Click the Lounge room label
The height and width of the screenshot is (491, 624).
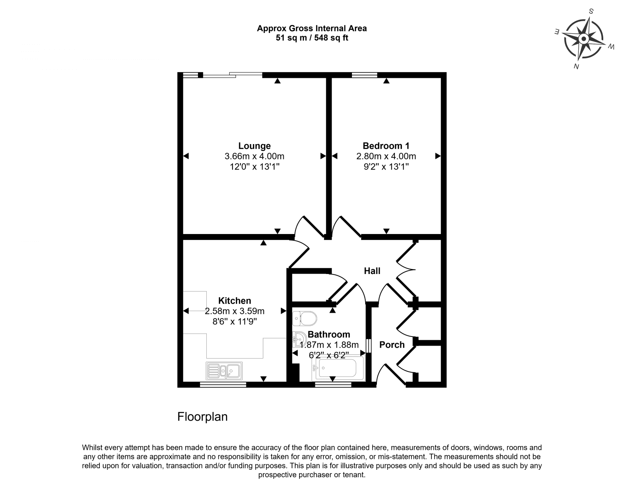[x=254, y=146]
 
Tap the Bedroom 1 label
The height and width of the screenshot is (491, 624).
[x=386, y=146]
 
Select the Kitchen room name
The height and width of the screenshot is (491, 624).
[x=235, y=301]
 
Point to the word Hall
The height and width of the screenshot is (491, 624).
[x=372, y=271]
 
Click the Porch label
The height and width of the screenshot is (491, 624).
[x=391, y=345]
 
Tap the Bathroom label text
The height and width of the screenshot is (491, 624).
[x=329, y=334]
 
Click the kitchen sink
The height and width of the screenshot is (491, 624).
[x=224, y=371]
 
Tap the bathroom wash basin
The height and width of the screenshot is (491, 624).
[x=298, y=339]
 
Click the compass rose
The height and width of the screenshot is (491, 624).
[x=584, y=39]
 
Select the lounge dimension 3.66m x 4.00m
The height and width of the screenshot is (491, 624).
[x=254, y=157]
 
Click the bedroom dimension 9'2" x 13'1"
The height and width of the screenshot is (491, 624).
[x=386, y=167]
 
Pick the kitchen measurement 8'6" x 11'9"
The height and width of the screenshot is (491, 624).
[x=235, y=322]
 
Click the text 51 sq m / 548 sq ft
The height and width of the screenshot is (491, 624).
[x=312, y=38]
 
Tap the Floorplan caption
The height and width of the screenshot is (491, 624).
[x=203, y=417]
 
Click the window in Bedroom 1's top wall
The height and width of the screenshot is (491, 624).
[x=364, y=75]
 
